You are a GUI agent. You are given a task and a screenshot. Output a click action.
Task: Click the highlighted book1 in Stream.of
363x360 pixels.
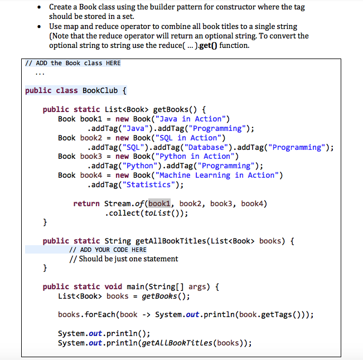click(x=161, y=203)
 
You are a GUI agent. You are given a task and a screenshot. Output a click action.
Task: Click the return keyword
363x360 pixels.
click(x=86, y=203)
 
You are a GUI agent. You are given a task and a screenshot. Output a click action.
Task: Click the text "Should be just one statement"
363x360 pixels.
click(x=128, y=259)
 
